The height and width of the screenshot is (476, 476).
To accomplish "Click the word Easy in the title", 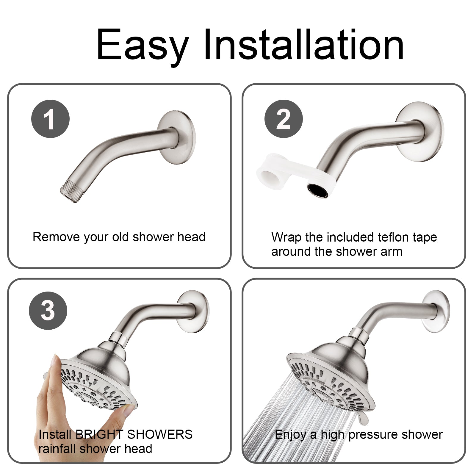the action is (x=143, y=46).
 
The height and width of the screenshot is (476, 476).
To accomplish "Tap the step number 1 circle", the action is (x=50, y=119).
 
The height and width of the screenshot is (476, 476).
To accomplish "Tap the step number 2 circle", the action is (x=284, y=119).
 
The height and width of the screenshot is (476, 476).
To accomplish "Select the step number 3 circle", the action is (x=48, y=311).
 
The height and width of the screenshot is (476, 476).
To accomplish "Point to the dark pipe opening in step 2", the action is (x=318, y=191).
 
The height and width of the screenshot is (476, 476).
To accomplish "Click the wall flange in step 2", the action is (x=419, y=131).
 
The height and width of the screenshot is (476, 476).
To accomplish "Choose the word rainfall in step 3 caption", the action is (x=58, y=449).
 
